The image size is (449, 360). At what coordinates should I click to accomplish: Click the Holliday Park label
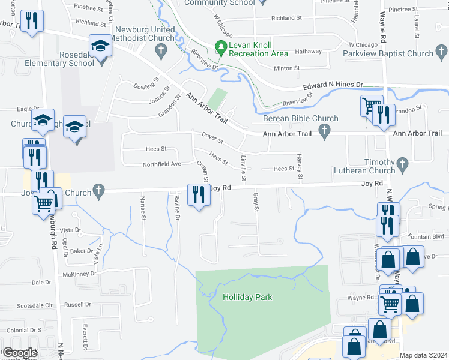pos(247,297)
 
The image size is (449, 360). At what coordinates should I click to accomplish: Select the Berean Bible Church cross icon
pos(325,130)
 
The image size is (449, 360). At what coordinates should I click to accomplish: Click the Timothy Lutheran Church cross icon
pos(402,163)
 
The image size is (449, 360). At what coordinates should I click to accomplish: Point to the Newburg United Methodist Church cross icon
pos(160,52)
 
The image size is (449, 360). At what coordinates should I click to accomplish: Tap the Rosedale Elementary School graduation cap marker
pos(100,46)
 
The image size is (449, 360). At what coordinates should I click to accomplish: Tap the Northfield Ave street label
pos(161,164)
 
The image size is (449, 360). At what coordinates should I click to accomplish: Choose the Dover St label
pos(212,139)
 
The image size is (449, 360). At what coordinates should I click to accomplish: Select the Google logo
pos(19,353)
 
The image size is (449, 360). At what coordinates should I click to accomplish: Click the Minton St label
pos(286,68)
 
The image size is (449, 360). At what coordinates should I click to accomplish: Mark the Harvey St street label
pos(300,167)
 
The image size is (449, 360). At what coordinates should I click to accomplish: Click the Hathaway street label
pos(308,52)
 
